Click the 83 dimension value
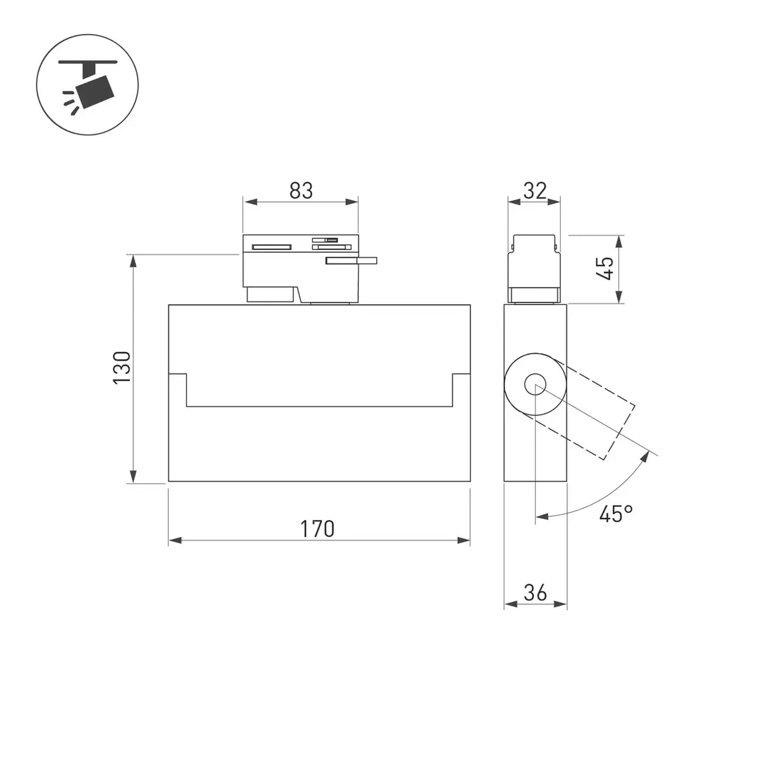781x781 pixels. pos(301,191)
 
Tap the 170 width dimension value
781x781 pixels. pos(317,529)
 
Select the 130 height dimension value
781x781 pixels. pos(122,368)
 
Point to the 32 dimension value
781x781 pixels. pos(535,191)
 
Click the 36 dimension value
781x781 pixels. pos(535,593)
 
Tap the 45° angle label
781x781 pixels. pos(616,514)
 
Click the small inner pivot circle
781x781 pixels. pos(535,385)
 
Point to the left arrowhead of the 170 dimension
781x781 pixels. pos(175,540)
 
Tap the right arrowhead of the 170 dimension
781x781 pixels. pos(464,540)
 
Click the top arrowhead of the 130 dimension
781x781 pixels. pos(133,262)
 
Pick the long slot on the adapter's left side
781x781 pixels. pos(272,247)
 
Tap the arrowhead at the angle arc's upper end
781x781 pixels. pos(644,457)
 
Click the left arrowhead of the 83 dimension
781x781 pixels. pos(250,202)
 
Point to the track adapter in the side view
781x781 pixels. pos(534,269)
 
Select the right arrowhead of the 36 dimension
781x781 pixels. pos(561,604)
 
